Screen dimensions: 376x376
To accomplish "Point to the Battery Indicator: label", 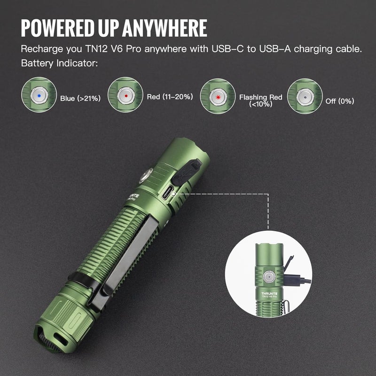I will pos(59,63).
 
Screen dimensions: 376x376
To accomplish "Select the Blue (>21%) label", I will pos(79,98).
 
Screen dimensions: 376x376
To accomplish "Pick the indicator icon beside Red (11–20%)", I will pos(125,95).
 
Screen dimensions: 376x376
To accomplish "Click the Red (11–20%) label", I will pos(170,97).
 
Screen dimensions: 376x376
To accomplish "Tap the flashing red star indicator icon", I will pos(217,95).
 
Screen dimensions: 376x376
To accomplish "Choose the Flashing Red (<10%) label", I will pos(260,100).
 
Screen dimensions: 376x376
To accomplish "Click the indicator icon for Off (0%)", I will pos(304,95).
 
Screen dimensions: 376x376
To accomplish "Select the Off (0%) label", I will pos(340,101).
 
